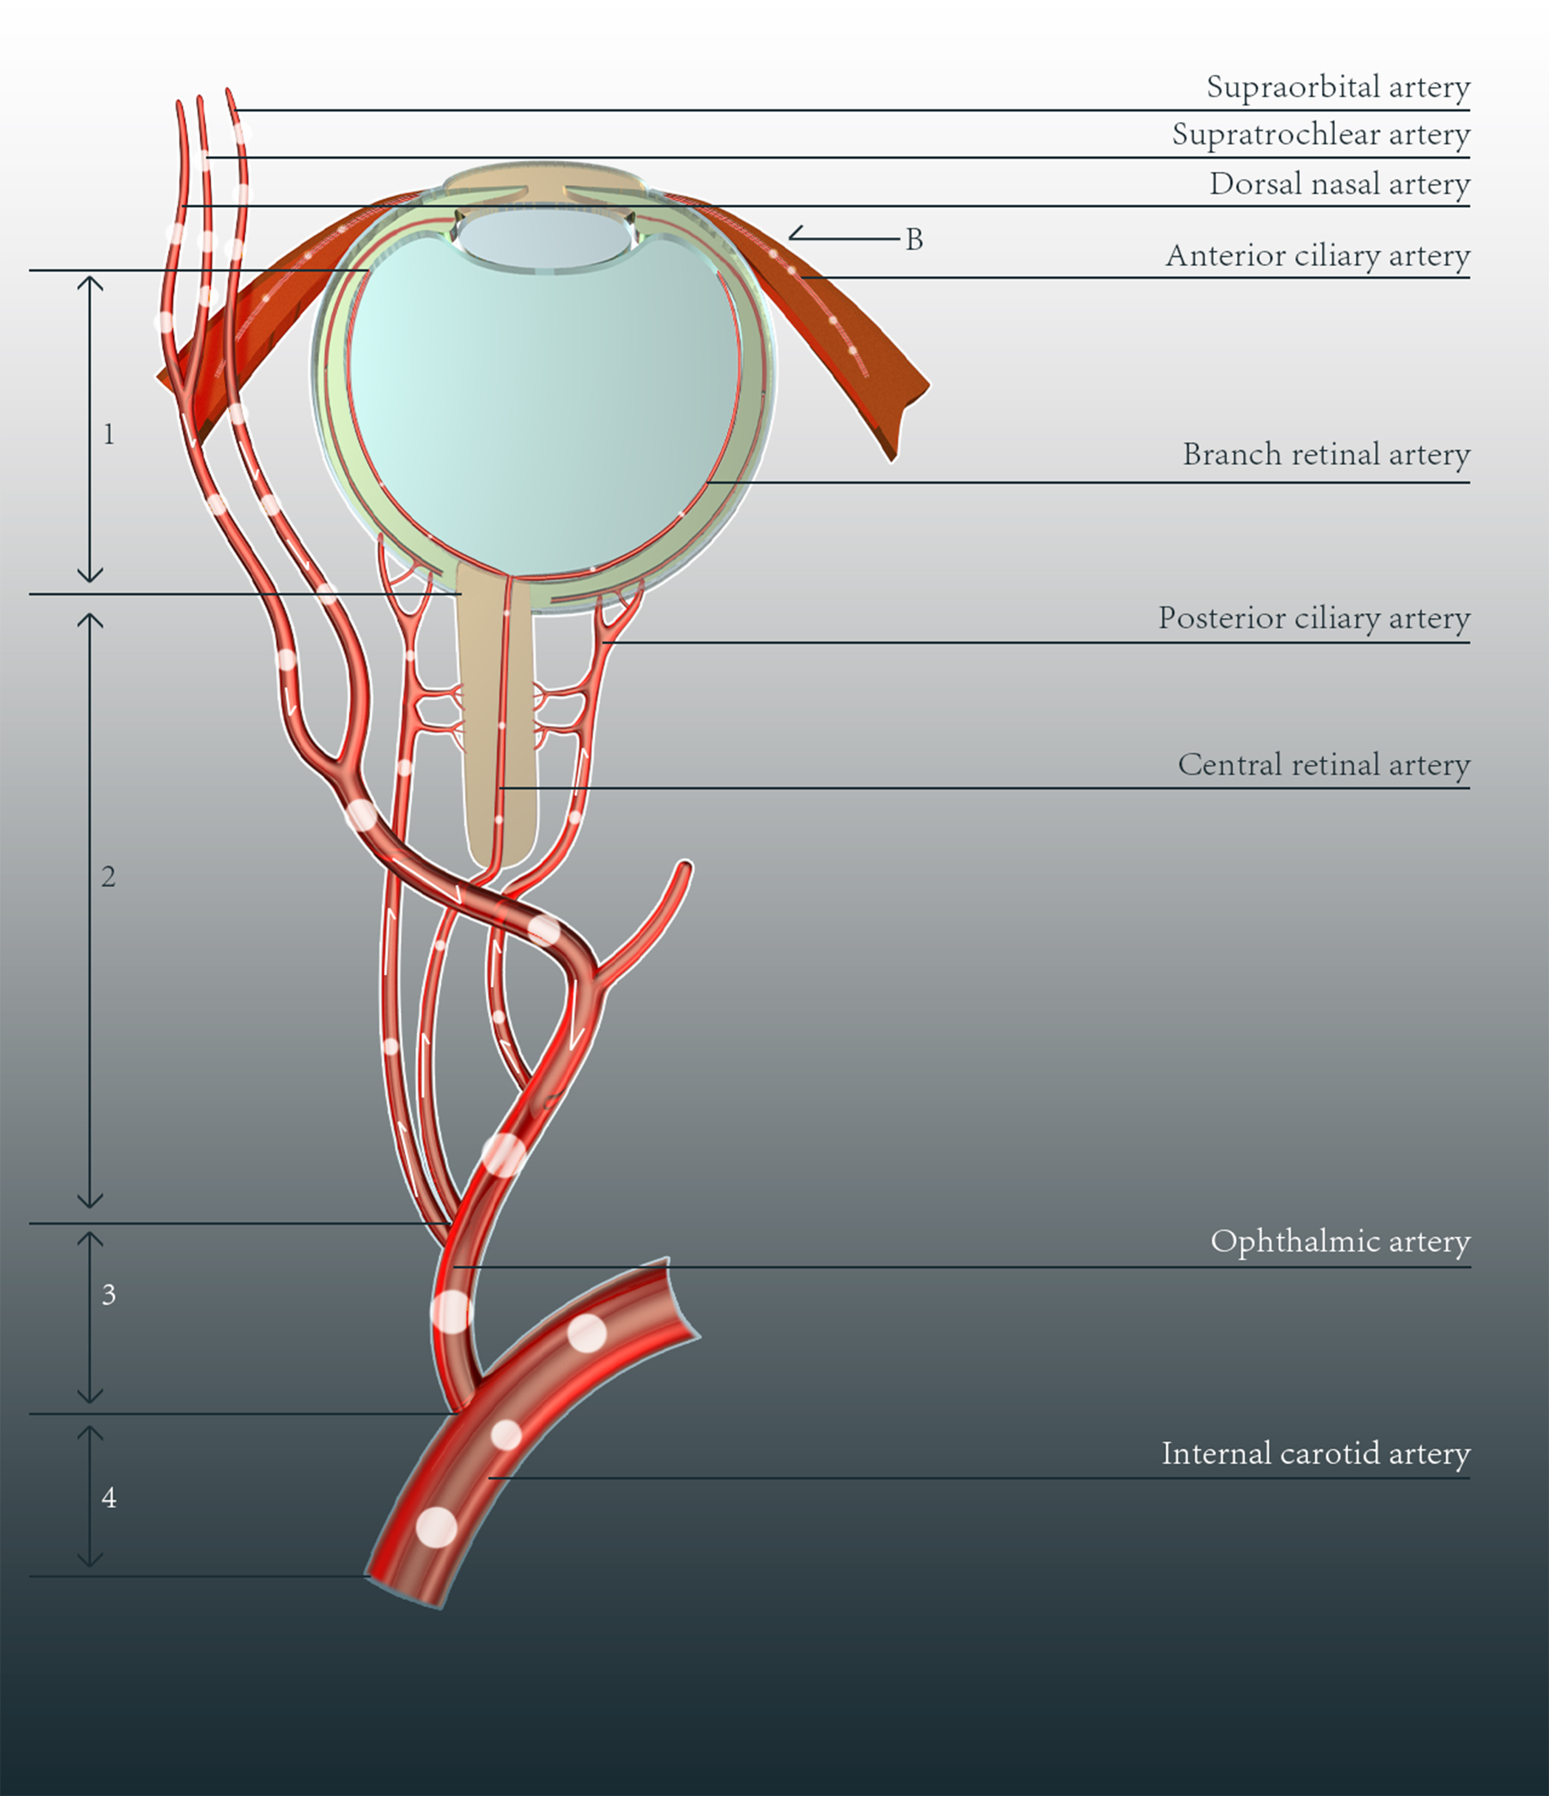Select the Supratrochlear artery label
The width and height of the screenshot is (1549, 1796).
point(1321,134)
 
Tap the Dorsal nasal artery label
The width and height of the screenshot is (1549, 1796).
point(1339,184)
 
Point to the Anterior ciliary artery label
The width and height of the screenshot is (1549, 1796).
point(1318,256)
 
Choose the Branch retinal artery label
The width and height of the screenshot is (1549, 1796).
point(1326,454)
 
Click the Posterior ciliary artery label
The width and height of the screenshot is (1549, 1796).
point(1314,618)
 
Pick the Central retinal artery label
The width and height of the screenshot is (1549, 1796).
point(1324,765)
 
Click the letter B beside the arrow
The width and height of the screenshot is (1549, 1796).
point(914,239)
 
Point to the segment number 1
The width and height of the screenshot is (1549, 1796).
point(108,433)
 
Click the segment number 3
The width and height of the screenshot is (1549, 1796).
point(108,1294)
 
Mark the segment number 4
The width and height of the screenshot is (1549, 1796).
point(108,1497)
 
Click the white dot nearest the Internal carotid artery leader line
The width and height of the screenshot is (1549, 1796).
point(507,1435)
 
